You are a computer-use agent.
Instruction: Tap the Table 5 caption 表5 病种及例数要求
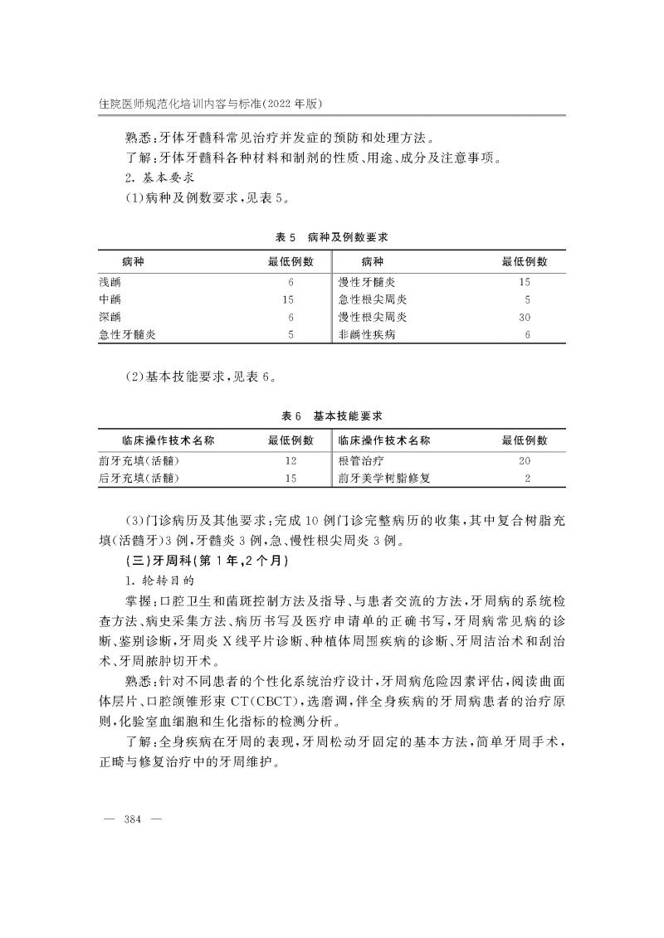pyautogui.click(x=332, y=237)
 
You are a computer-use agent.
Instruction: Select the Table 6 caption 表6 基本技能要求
pyautogui.click(x=332, y=416)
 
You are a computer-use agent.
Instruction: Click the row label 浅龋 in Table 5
pyautogui.click(x=110, y=282)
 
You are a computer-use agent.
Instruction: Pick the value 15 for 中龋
pyautogui.click(x=289, y=299)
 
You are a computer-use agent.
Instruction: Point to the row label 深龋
pyautogui.click(x=110, y=317)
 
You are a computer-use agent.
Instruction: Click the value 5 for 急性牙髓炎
pyautogui.click(x=290, y=334)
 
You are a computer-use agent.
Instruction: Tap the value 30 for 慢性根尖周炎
pyautogui.click(x=525, y=317)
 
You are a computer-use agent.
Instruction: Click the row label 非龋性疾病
pyautogui.click(x=367, y=334)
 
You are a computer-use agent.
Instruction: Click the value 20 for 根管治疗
pyautogui.click(x=525, y=460)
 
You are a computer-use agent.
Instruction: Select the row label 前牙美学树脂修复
pyautogui.click(x=384, y=478)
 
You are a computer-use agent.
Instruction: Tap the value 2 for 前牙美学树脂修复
pyautogui.click(x=527, y=478)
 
